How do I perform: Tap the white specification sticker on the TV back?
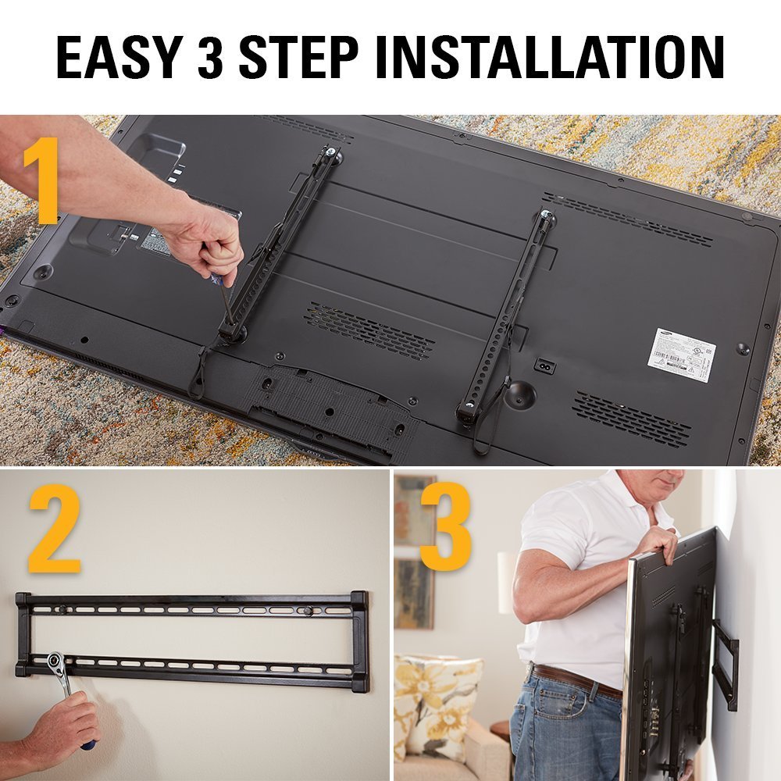click(x=683, y=354)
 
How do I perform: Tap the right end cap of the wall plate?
click(x=360, y=640)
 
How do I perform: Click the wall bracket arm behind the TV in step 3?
click(x=726, y=664)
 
